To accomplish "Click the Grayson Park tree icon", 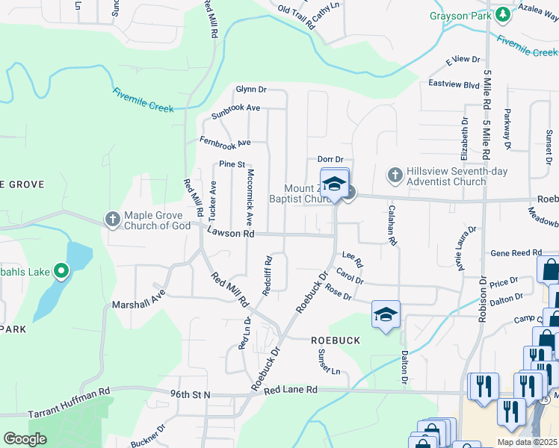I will point(503,14).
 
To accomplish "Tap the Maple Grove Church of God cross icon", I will point(112,219).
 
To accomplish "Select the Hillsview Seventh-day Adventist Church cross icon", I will point(395,175).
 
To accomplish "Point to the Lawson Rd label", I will point(231,233).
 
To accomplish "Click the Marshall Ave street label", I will point(138,304).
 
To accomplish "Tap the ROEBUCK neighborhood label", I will point(336,340).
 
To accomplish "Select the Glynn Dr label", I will point(251,89).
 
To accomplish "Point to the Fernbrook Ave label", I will point(224,141).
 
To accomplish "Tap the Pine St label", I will point(232,164).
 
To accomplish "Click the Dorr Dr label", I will point(330,159).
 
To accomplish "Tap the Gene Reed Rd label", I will point(516,254).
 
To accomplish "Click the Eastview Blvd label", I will point(454,84).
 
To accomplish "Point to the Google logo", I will point(25,439).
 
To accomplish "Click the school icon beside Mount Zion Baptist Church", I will point(334,183).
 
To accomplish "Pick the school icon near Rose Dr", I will point(386,314).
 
